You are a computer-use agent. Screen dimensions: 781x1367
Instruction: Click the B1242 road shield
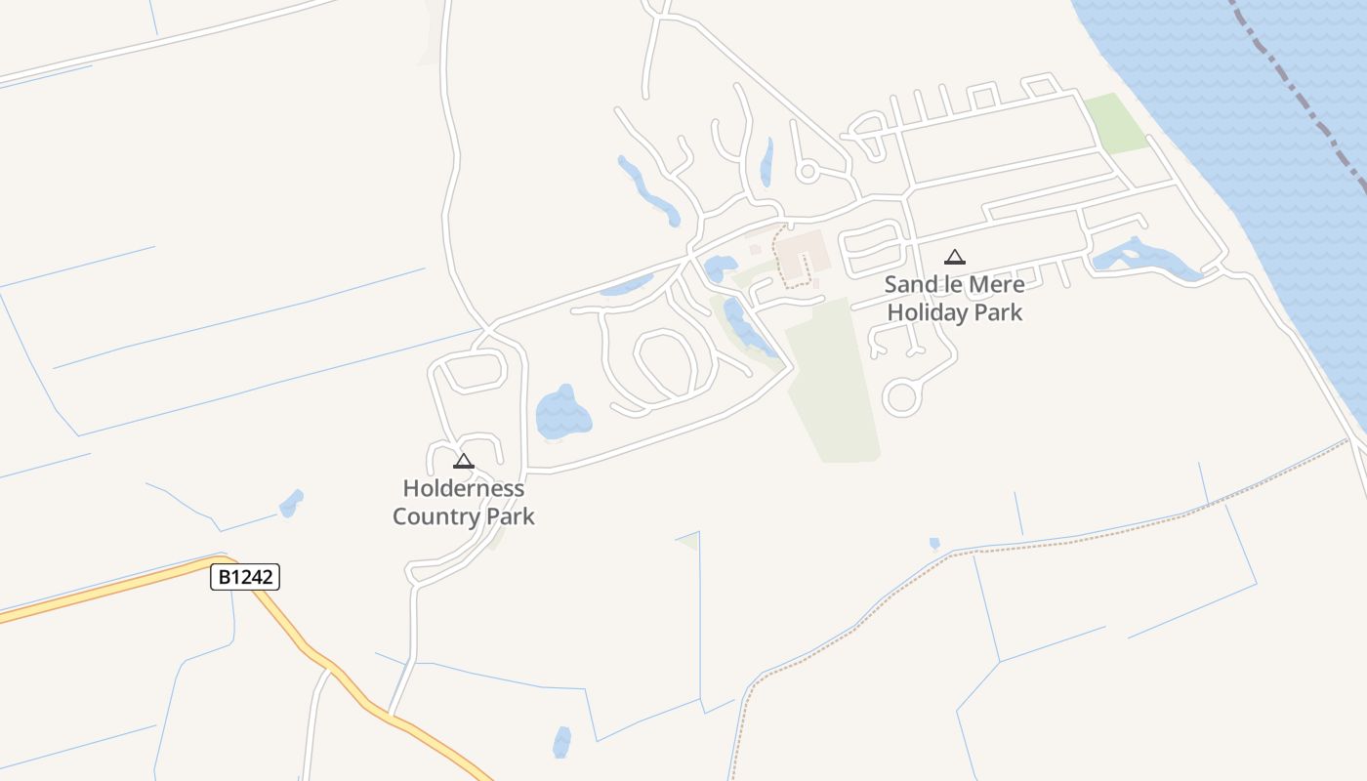pos(245,577)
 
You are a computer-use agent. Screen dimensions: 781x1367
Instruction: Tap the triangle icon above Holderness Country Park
pos(464,461)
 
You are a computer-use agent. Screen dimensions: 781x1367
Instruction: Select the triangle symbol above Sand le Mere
pos(955,257)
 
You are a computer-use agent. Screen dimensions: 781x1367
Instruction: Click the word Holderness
pos(464,488)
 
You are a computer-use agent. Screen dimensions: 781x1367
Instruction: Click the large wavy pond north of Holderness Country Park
pos(562,413)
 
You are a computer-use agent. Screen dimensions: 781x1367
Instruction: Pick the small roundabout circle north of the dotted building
pos(807,172)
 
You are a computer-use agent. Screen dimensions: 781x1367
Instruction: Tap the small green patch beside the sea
pos(1116,123)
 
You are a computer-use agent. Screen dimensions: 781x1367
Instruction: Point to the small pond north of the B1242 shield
pos(290,504)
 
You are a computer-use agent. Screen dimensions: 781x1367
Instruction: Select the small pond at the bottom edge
pos(561,742)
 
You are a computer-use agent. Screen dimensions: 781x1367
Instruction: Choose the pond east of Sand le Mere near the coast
pos(1142,258)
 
